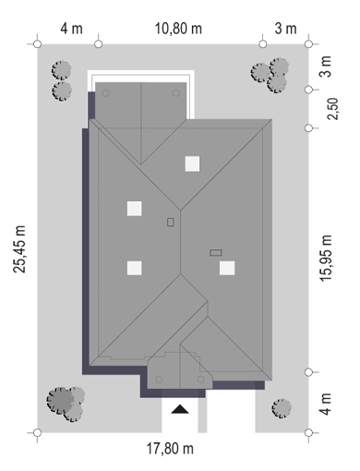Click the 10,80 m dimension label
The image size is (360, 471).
click(178, 29)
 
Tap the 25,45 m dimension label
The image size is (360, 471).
click(19, 249)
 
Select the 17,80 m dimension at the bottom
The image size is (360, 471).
click(170, 449)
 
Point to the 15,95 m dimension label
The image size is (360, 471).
click(326, 258)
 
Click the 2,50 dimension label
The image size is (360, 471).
click(332, 109)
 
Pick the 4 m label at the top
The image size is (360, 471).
click(71, 29)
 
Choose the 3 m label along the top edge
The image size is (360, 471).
click(285, 29)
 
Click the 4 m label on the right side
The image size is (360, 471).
click(326, 404)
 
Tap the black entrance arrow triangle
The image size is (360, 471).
click(180, 409)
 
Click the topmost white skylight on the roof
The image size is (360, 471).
click(192, 163)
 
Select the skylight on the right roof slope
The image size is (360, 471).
click(227, 268)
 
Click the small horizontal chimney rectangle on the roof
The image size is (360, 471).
click(215, 253)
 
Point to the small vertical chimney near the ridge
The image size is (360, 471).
click(171, 222)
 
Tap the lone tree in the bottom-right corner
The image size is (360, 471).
click(282, 408)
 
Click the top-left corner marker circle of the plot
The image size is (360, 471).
click(38, 44)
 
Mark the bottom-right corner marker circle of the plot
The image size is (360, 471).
click(308, 432)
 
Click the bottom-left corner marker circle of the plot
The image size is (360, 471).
click(37, 432)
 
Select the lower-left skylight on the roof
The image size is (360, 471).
click(135, 268)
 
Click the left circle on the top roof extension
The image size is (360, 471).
click(105, 93)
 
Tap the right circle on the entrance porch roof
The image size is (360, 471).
click(201, 380)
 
